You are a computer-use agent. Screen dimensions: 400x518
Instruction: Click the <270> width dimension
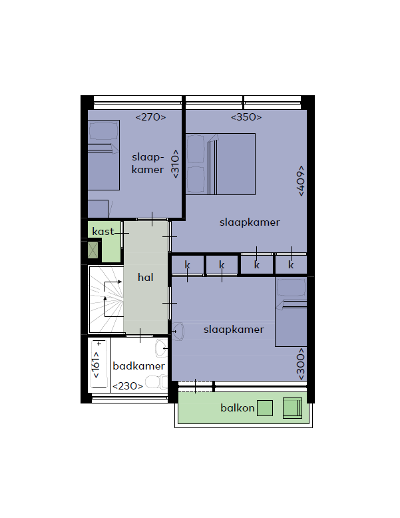[150, 117]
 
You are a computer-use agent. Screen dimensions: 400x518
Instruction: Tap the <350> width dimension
[246, 117]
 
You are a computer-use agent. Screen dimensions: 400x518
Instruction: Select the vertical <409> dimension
[300, 180]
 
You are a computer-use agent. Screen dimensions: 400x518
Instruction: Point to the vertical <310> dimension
[175, 164]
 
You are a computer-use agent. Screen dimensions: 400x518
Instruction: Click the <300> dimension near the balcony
[300, 364]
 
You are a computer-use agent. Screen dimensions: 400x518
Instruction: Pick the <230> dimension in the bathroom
[128, 386]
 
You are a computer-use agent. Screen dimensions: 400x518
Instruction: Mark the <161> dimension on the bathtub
[96, 365]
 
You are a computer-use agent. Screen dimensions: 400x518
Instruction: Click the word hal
[145, 277]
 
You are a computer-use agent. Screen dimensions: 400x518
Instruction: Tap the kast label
[103, 231]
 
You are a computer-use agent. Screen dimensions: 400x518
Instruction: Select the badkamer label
[138, 366]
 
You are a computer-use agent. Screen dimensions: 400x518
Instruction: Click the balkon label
[238, 408]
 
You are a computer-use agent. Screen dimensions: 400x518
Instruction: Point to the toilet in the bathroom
[156, 382]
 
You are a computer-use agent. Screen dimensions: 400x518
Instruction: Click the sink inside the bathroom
[161, 348]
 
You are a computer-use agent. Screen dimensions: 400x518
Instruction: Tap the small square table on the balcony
[265, 408]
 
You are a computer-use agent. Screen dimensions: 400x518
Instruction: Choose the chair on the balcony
[292, 408]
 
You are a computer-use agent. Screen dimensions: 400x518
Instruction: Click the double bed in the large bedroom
[221, 164]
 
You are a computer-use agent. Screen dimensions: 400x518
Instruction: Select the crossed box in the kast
[93, 250]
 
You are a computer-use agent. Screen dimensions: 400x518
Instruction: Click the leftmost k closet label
[187, 264]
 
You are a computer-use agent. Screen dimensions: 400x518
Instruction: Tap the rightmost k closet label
[291, 264]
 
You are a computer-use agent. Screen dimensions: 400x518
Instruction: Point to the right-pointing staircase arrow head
[120, 282]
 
